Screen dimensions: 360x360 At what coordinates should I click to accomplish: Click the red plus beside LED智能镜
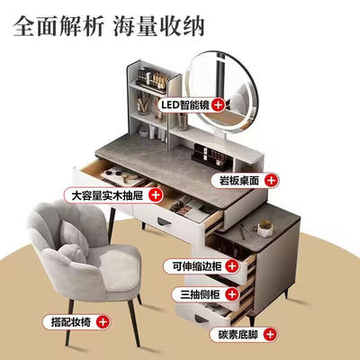click(x=218, y=104)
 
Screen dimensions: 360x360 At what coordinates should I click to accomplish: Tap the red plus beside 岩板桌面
click(x=272, y=181)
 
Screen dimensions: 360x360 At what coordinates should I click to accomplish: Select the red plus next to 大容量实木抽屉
click(x=156, y=195)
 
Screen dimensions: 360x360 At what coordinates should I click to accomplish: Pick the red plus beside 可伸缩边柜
click(x=232, y=265)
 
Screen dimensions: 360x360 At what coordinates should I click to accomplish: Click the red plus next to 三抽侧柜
click(x=232, y=294)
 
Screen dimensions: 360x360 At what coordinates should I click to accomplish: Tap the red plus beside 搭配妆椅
click(x=103, y=322)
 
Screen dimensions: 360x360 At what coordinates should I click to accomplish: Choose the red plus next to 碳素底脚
click(x=271, y=334)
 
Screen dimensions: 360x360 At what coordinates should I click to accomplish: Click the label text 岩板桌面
click(x=238, y=181)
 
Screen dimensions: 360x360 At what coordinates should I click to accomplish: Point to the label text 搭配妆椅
click(x=71, y=322)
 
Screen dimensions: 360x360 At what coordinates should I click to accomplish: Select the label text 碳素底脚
click(x=238, y=334)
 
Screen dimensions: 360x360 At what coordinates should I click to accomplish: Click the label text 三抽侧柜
click(x=200, y=294)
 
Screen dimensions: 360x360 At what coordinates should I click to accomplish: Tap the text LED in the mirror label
click(x=170, y=104)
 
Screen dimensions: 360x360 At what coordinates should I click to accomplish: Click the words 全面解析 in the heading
click(x=58, y=26)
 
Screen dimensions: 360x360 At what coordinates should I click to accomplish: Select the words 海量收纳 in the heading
click(x=159, y=26)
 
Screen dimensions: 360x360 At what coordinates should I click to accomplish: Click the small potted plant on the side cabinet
click(x=265, y=229)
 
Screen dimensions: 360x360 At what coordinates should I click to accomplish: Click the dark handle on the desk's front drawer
click(x=164, y=222)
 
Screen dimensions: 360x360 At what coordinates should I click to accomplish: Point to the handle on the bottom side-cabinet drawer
click(x=201, y=319)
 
